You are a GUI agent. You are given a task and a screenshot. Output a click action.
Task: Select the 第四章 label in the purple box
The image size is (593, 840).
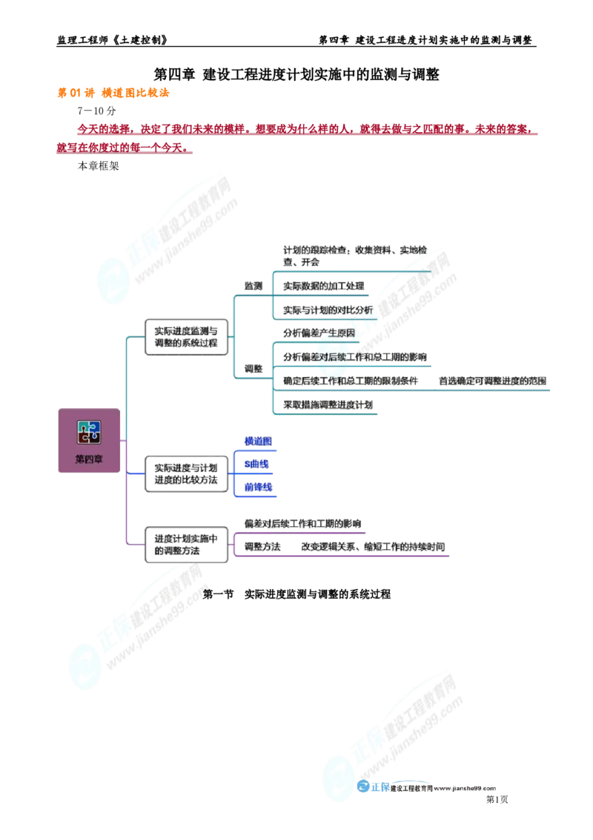(x=89, y=459)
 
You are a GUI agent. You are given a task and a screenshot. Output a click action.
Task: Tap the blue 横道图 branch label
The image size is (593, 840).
(x=258, y=441)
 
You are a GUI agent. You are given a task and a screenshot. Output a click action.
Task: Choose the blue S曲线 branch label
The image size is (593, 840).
(x=256, y=465)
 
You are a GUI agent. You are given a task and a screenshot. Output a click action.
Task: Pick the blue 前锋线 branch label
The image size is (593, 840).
(x=258, y=487)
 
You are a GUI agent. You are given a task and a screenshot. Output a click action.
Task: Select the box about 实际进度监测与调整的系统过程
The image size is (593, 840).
(x=186, y=337)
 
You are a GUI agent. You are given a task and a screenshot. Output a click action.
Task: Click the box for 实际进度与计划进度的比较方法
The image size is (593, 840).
(x=186, y=473)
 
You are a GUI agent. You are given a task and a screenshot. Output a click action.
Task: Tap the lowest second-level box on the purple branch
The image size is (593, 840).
(x=186, y=545)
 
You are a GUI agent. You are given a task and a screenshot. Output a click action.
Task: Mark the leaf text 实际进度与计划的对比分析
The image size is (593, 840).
(x=327, y=309)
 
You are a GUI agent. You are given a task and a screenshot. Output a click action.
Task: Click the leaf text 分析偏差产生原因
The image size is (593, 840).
(x=318, y=333)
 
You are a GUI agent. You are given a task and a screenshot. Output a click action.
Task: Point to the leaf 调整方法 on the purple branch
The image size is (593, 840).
(x=263, y=547)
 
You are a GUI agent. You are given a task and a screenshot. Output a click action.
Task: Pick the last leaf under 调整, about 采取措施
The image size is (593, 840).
(x=326, y=404)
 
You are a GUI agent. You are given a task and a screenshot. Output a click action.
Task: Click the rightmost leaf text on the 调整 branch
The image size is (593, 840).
(x=493, y=381)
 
